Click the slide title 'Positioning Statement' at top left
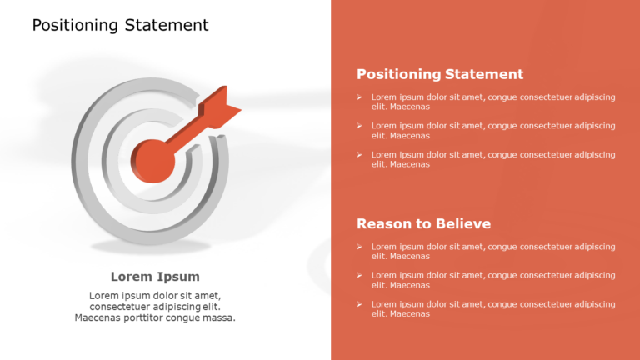pos(120,25)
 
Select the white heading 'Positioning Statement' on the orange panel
pos(440,74)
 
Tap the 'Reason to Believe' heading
pos(423,223)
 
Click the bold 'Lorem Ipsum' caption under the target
pos(155,277)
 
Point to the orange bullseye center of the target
pos(153,159)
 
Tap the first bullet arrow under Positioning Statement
pos(360,97)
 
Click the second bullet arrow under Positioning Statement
pos(360,126)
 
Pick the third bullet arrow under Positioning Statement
pos(360,154)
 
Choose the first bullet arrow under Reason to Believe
pos(360,247)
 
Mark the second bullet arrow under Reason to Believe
pos(360,275)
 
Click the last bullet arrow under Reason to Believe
pos(360,304)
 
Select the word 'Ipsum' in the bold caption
pos(178,277)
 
